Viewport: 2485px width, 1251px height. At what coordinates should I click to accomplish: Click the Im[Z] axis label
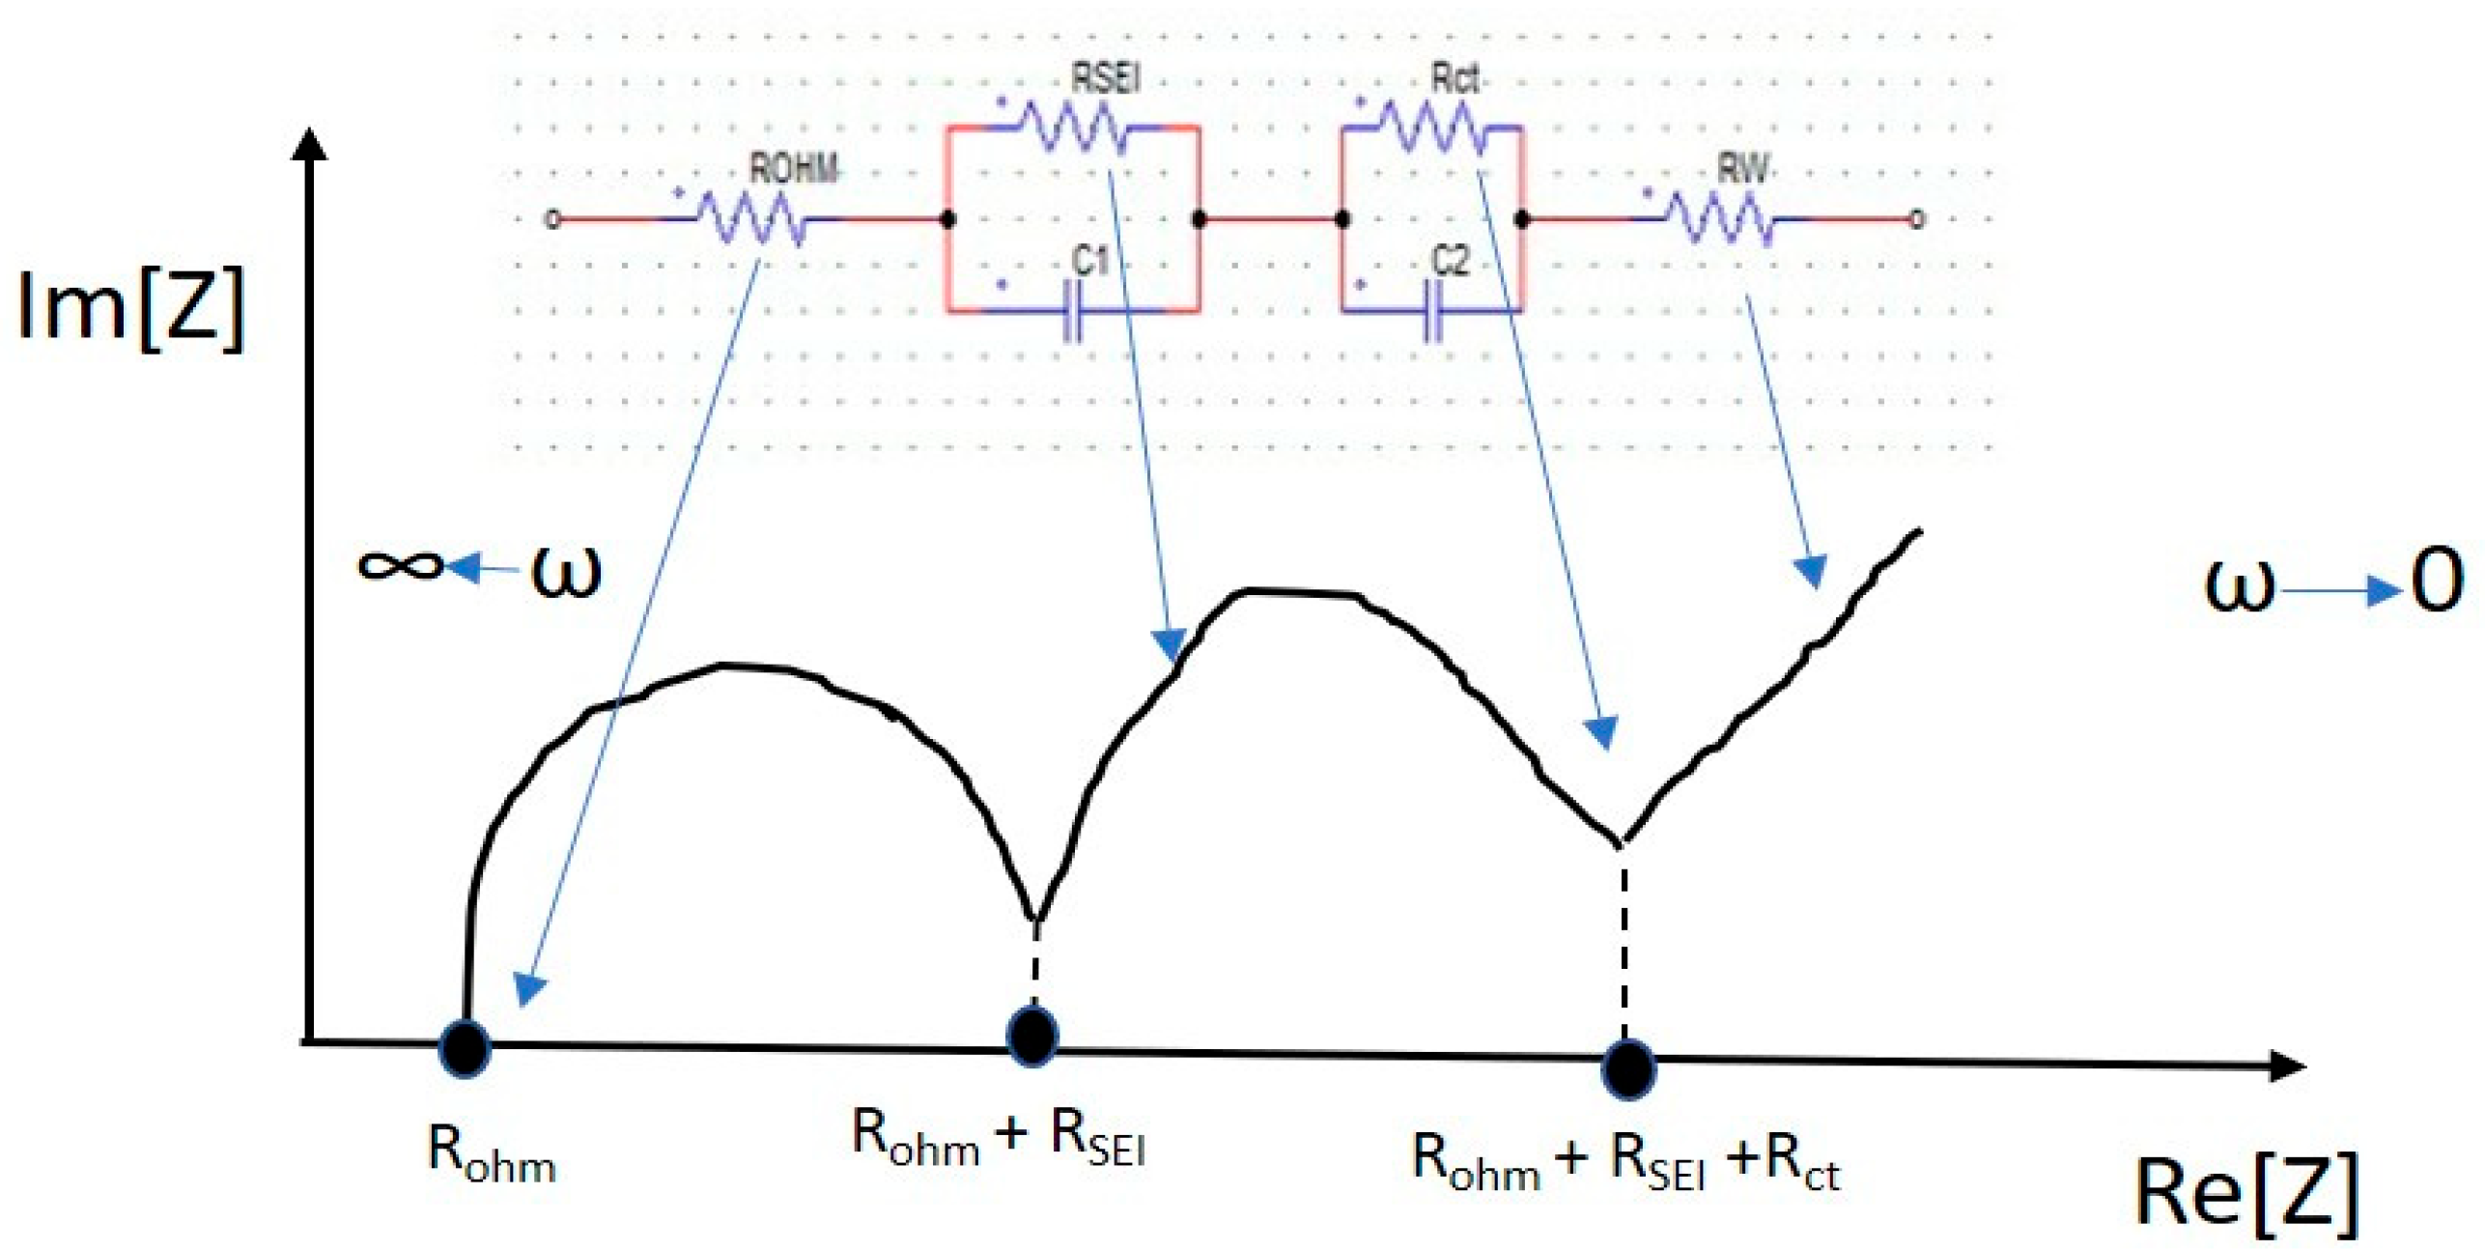pos(130,307)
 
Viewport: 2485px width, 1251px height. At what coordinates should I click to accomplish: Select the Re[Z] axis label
pos(2245,1194)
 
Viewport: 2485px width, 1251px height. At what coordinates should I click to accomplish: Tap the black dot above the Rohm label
pos(465,1047)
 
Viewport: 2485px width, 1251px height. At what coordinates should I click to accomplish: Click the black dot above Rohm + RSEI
pos(1032,1036)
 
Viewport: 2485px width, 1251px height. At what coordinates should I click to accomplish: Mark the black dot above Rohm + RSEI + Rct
pos(1628,1069)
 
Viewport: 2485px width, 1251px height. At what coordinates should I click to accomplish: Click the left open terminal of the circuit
pos(552,220)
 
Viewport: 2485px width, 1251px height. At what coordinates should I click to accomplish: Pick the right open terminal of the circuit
pos(1918,220)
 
